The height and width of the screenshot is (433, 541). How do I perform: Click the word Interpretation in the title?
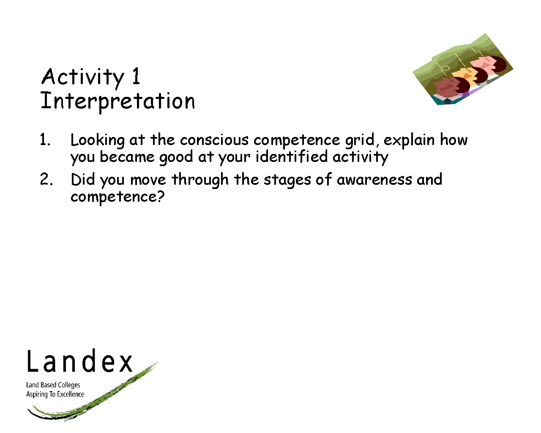coord(117,101)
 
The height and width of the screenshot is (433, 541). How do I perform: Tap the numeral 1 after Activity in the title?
coord(136,77)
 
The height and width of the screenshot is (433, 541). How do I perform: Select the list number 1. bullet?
coord(45,140)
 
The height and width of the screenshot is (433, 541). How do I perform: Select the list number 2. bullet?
coord(46,180)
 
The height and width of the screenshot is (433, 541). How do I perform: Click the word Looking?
coord(97,140)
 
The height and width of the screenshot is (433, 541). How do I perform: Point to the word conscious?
coord(214,140)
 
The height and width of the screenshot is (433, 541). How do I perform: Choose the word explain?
coord(409,140)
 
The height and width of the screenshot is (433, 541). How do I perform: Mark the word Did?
coord(83,179)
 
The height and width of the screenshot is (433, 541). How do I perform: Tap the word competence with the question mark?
coord(117,197)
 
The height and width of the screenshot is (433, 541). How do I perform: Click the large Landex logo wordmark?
coord(80,362)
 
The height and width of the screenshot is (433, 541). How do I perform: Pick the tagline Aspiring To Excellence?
coord(55,394)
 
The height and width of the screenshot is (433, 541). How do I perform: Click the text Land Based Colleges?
coord(53,385)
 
